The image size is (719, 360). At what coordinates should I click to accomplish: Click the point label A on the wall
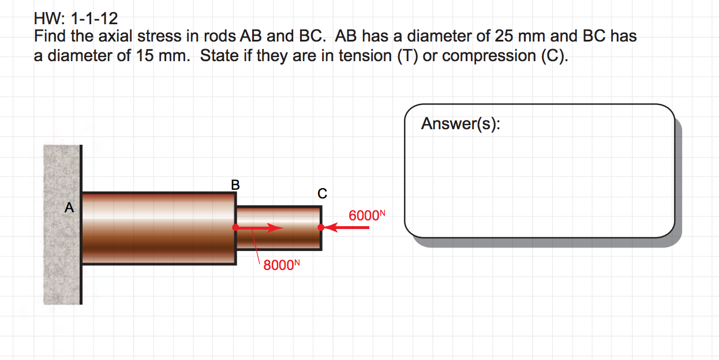pyautogui.click(x=69, y=208)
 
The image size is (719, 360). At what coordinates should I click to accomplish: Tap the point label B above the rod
pyautogui.click(x=235, y=185)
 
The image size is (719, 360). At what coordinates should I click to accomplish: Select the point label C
pyautogui.click(x=322, y=193)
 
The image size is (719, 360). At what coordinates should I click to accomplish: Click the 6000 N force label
pyautogui.click(x=366, y=216)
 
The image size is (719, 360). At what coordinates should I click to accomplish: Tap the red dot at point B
pyautogui.click(x=235, y=228)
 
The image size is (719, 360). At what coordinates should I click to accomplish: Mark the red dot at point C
pyautogui.click(x=321, y=228)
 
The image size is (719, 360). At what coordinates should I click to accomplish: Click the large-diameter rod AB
pyautogui.click(x=159, y=228)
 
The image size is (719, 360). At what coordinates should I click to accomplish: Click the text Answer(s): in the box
pyautogui.click(x=460, y=123)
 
